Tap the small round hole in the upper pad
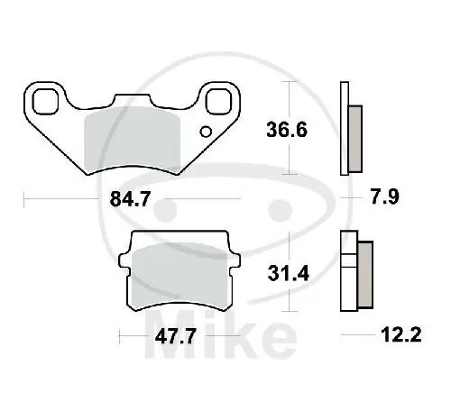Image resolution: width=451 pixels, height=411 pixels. (206, 134)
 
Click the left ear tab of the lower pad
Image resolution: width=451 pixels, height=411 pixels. (125, 261)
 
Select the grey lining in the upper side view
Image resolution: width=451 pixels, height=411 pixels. (354, 135)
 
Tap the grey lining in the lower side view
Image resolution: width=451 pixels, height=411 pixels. (364, 273)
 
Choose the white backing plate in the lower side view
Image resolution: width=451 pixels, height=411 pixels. (347, 270)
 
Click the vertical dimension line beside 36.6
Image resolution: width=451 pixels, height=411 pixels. (288, 126)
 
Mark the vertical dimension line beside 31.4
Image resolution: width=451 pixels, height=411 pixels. (288, 270)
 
